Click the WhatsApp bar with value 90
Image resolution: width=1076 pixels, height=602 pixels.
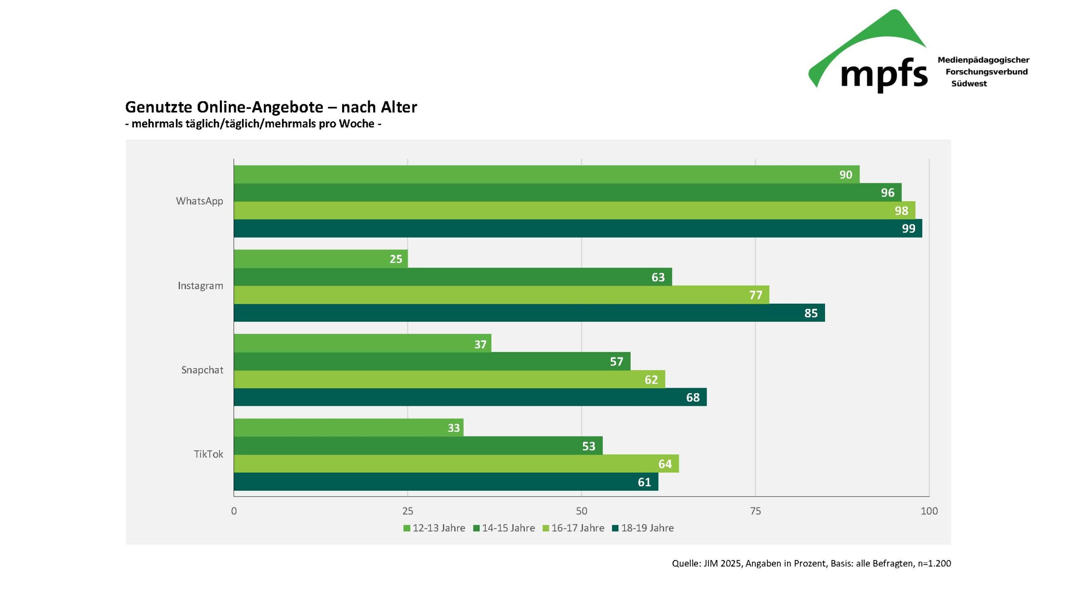point(546,174)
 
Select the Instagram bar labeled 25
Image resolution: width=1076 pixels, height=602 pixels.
point(320,259)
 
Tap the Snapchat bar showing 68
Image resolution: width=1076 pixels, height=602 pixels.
point(470,397)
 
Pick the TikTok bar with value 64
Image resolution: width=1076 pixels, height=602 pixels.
point(456,463)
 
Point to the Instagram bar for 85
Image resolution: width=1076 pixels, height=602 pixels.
point(529,313)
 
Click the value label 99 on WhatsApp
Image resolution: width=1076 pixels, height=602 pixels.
point(908,229)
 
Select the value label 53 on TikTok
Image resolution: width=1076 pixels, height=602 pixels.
point(588,446)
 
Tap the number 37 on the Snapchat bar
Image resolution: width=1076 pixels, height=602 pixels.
point(480,344)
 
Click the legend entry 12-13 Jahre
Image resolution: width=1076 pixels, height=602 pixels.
point(434,528)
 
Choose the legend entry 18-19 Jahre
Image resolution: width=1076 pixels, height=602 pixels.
point(643,528)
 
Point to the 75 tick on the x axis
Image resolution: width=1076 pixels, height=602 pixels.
point(755,511)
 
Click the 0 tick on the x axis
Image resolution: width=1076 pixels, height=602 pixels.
point(234,511)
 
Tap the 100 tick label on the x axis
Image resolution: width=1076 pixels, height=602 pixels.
point(929,511)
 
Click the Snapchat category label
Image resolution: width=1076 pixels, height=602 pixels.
point(202,370)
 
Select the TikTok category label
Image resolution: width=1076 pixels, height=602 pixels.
point(208,454)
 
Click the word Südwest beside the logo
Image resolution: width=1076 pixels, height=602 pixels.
point(969,84)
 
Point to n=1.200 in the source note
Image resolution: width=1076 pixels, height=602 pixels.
point(934,563)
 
